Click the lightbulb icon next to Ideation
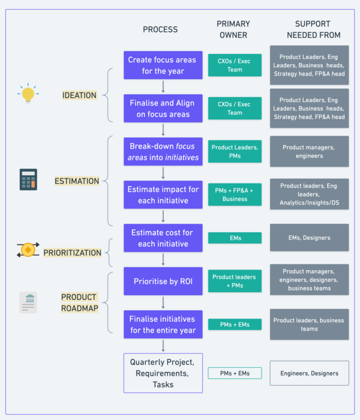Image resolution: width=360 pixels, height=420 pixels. [28, 94]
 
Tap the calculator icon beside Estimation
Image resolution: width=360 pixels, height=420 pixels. [28, 179]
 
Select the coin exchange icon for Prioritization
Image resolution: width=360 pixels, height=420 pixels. [28, 250]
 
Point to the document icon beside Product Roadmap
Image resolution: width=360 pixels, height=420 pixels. [28, 302]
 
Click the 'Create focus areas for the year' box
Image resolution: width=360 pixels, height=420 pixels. [162, 65]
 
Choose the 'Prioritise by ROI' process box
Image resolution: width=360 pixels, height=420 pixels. [162, 281]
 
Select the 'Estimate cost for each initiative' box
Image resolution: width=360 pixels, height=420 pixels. [162, 238]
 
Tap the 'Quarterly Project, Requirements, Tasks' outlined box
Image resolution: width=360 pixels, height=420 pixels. [163, 373]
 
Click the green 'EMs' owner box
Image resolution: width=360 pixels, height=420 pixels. [235, 238]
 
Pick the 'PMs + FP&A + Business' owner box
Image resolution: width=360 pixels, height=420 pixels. [235, 194]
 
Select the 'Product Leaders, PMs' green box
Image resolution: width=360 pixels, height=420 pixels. [235, 151]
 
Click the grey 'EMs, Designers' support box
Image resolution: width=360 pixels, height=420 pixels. [309, 238]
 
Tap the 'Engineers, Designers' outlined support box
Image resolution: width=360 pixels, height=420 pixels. [309, 373]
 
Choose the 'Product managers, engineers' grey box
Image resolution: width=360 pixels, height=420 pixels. [309, 151]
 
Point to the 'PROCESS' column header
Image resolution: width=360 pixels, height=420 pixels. [160, 29]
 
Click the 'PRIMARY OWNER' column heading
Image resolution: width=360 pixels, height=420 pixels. [233, 29]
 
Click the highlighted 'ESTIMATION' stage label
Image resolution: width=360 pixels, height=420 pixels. [77, 181]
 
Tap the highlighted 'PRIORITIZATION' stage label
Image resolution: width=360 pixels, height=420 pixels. [72, 253]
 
